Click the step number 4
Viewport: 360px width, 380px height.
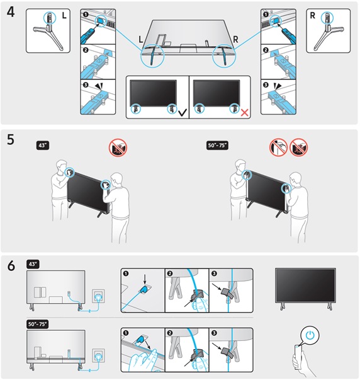[11, 13]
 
